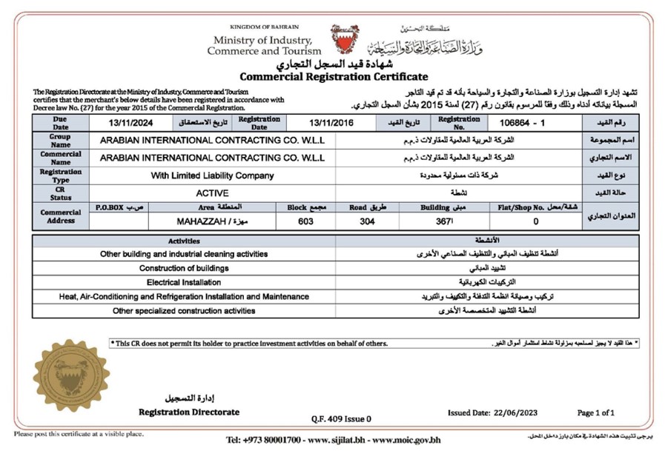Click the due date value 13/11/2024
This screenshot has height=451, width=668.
(x=130, y=123)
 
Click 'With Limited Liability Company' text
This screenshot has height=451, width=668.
(x=212, y=176)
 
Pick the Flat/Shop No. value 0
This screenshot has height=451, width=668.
(x=535, y=221)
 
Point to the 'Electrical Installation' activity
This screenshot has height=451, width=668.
(x=184, y=282)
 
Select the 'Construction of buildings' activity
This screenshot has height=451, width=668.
(x=184, y=268)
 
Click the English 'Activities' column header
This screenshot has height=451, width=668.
(x=184, y=241)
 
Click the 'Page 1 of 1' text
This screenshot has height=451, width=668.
(x=596, y=412)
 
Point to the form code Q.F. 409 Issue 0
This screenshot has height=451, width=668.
(x=342, y=418)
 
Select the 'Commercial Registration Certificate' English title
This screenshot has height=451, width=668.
(x=334, y=77)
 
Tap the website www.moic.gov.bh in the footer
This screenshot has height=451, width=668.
(x=406, y=440)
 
